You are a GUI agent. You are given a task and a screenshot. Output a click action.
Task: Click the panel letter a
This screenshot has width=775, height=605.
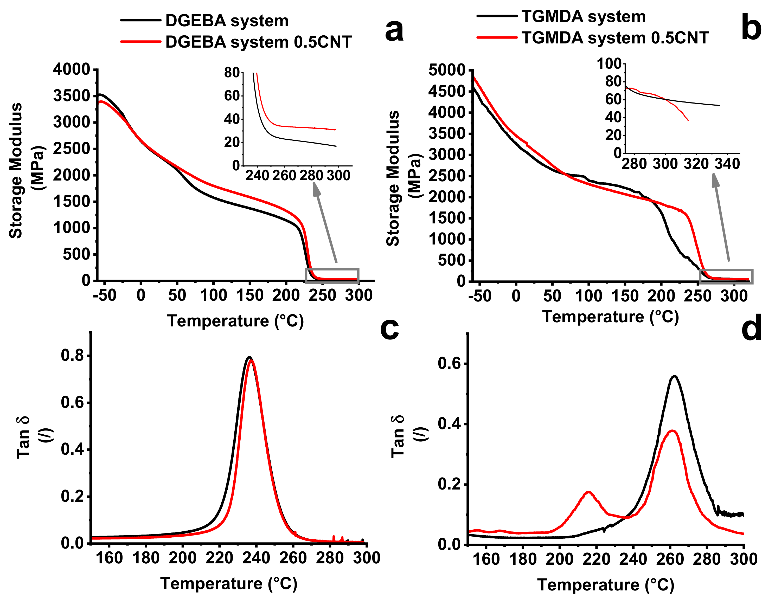coord(394,30)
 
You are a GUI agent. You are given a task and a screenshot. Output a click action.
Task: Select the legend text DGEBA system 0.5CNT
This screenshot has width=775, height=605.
coord(258,42)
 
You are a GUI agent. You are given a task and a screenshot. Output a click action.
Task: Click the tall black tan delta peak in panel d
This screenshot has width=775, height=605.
coord(675,376)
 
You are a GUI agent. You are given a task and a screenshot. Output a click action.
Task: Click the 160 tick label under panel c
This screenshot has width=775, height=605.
coord(109,558)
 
